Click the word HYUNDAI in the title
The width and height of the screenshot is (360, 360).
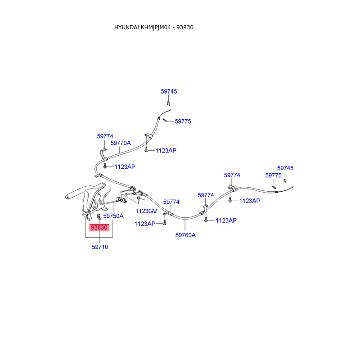127,27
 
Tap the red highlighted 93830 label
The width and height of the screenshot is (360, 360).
99,228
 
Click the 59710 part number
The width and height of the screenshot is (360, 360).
100,247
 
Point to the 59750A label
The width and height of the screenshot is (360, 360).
113,216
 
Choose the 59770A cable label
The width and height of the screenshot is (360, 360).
121,143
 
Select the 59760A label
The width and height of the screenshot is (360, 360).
185,234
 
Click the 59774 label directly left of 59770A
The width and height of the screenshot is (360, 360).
105,136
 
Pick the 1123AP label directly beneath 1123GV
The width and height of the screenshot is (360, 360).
145,223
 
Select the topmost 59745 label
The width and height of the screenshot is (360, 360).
169,91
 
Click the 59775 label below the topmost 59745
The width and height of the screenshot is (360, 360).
183,121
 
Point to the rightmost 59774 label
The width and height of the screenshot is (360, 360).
232,175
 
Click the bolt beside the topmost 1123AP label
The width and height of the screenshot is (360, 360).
147,151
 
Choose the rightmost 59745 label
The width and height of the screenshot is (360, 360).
285,168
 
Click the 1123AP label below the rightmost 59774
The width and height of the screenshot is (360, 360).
249,201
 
